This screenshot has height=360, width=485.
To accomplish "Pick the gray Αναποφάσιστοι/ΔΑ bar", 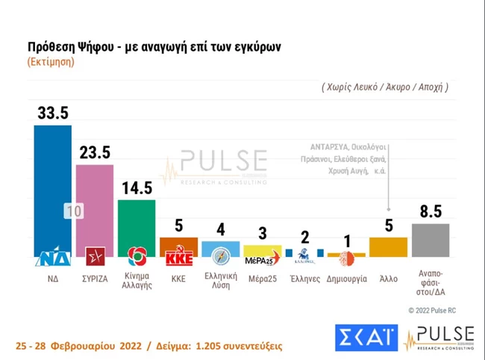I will click(x=431, y=240).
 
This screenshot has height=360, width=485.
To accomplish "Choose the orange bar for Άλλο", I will click(x=388, y=247).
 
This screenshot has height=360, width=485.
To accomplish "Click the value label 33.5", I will click(x=52, y=113).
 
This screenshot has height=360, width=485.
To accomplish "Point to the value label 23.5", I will click(x=95, y=152).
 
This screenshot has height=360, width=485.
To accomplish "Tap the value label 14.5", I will click(x=137, y=187).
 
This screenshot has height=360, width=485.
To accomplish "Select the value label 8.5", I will click(x=431, y=211).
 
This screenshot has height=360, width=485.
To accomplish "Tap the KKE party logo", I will click(x=179, y=258).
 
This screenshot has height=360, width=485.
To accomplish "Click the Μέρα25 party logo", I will click(x=262, y=259).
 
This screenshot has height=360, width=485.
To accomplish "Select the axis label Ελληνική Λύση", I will click(x=220, y=281).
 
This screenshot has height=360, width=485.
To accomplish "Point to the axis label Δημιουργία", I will click(x=346, y=277).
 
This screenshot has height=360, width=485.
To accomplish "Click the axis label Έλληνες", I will click(x=304, y=277).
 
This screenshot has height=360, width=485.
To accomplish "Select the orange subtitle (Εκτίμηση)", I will click(x=51, y=61).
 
